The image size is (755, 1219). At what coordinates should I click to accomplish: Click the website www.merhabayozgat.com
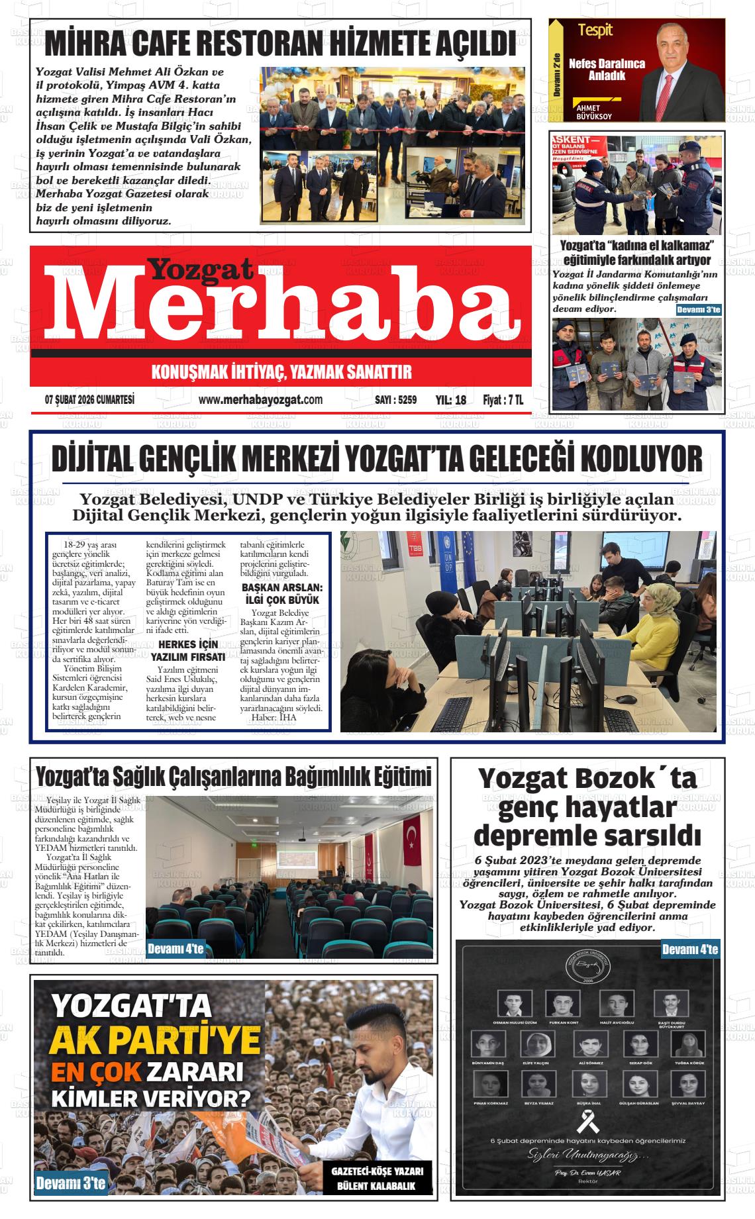(260, 399)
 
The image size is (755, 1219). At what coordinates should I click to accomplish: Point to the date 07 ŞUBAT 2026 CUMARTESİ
(89, 399)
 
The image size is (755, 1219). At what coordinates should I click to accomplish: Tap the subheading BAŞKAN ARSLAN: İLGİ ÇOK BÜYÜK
(281, 594)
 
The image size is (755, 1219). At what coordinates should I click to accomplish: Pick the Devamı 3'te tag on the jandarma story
(699, 310)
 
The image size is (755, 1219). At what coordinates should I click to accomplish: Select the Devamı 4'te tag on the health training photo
(176, 949)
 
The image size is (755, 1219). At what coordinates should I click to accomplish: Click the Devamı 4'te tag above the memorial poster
(690, 950)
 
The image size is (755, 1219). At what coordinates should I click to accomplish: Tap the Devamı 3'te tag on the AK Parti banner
(71, 1184)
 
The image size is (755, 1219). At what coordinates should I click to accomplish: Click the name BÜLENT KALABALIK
(376, 1185)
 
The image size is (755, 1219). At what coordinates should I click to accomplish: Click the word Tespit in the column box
(595, 30)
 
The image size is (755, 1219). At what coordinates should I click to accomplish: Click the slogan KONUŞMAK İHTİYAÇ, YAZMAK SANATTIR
(281, 371)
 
